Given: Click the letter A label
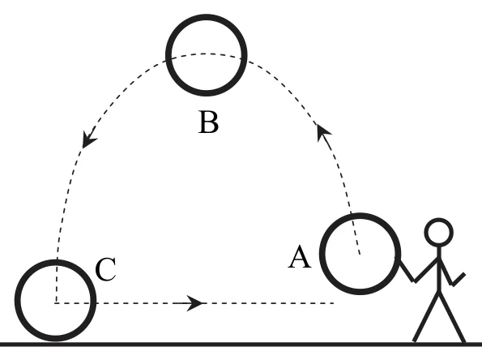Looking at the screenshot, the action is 300,257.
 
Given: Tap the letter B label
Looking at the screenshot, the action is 209,122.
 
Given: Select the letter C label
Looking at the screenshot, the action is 106,269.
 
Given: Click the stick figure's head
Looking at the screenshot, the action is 438,219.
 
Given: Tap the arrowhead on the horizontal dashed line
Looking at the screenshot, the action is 194,303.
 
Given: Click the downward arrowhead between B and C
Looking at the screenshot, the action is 88,140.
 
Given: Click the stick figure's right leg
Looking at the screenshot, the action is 452,317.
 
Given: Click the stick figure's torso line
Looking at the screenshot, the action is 439,269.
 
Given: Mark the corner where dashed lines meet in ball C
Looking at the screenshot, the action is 56,303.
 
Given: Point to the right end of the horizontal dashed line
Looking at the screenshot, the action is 334,303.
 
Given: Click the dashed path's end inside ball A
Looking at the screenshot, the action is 360,254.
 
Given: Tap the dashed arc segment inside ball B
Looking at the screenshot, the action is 205,54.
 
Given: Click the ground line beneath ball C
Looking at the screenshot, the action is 55,344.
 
